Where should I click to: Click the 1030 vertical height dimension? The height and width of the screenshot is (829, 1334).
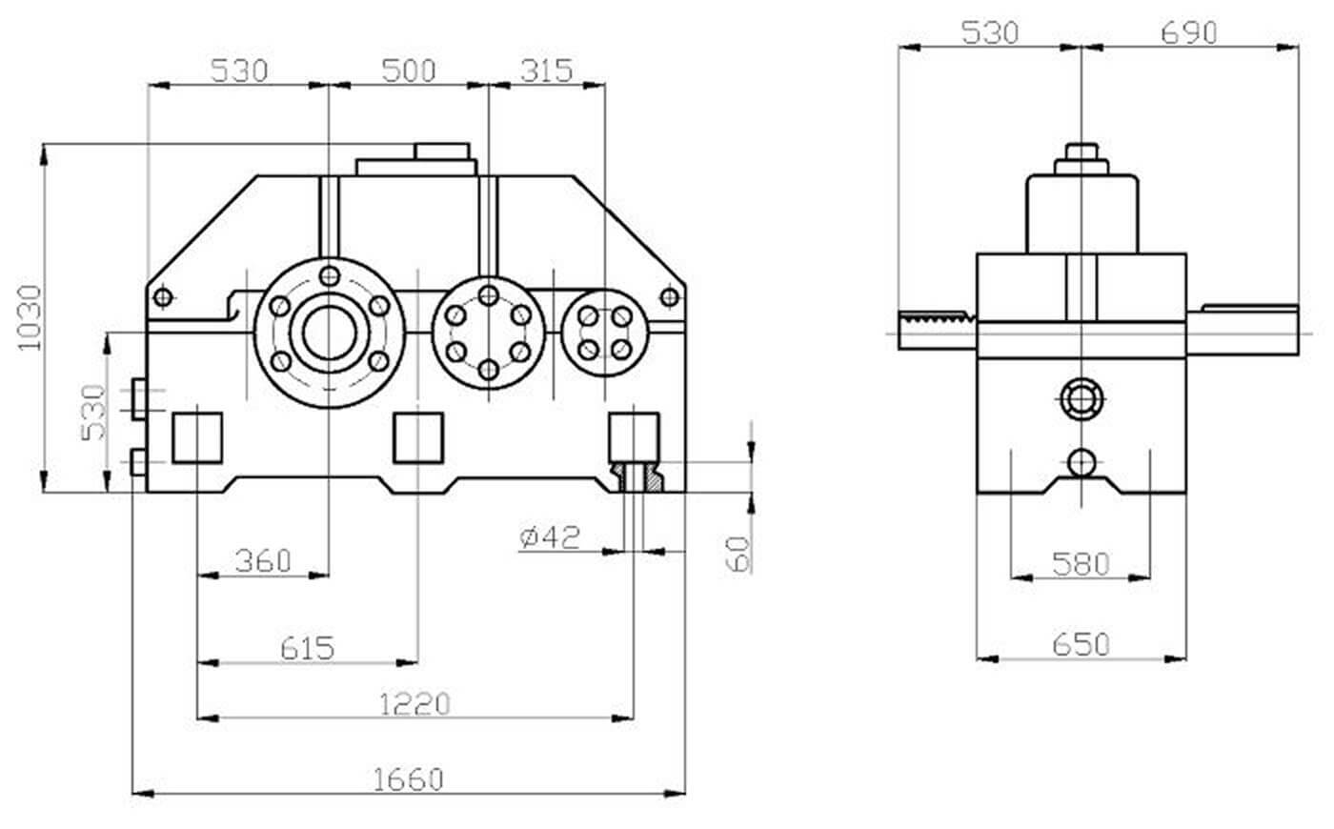30,316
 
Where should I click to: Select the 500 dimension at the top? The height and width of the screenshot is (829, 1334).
408,71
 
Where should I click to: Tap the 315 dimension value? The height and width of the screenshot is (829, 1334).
547,71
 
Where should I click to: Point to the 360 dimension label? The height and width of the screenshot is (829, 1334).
262,560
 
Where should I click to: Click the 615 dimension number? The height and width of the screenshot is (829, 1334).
308,648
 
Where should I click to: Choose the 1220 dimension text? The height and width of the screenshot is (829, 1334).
414,704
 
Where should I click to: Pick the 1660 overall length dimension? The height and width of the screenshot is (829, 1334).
408,779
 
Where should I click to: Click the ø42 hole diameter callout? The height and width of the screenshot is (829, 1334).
550,537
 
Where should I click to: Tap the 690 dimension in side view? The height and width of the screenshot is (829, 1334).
1189,32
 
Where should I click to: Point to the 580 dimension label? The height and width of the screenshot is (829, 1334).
1081,564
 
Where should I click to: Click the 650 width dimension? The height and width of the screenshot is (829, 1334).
1081,645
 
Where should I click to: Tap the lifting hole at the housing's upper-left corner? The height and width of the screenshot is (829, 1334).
162,297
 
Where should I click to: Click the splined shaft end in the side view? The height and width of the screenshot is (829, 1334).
935,330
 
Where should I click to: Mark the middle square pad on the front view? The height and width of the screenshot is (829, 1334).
418,437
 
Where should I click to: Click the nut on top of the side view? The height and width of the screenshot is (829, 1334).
1081,153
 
